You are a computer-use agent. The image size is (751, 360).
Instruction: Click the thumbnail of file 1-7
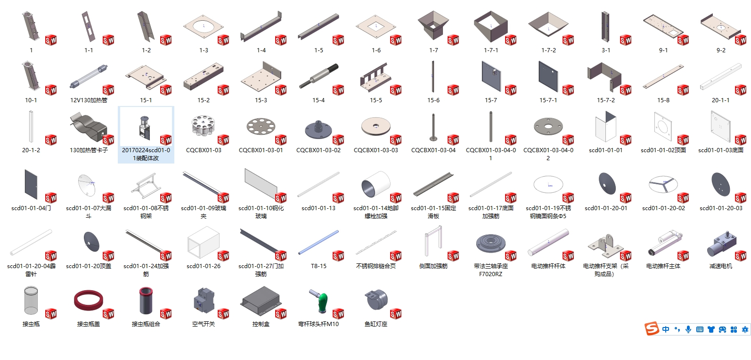[x=433, y=26]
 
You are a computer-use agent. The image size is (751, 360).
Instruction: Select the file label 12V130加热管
[x=89, y=100]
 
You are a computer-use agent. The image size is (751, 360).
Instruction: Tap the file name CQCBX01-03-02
[x=318, y=150]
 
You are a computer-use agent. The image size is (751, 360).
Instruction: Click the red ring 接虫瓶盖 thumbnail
[x=89, y=301]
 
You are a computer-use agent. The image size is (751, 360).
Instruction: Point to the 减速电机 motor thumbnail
[x=720, y=244]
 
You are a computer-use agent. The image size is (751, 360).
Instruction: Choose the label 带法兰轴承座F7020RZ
[x=491, y=270]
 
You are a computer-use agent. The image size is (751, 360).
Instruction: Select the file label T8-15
[x=318, y=266]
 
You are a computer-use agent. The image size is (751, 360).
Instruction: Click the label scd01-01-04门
[x=31, y=208]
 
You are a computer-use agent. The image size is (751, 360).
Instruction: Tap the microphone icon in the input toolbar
[x=688, y=329]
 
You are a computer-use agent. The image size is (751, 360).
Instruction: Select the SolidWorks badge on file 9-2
[x=741, y=40]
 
